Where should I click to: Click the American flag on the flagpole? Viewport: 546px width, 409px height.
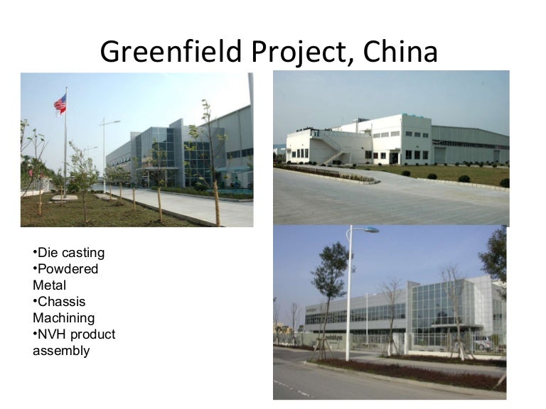point(60,104)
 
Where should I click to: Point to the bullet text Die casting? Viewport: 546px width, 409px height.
point(69,253)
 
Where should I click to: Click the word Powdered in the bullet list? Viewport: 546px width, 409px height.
point(68,269)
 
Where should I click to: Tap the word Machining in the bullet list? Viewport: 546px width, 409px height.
point(63,318)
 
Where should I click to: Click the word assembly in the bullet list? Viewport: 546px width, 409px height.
point(61,351)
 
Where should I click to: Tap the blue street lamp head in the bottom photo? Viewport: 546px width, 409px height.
point(370,230)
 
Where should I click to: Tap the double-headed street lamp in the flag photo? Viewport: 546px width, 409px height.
point(109,123)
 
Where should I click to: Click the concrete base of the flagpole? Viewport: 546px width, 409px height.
point(65,198)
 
